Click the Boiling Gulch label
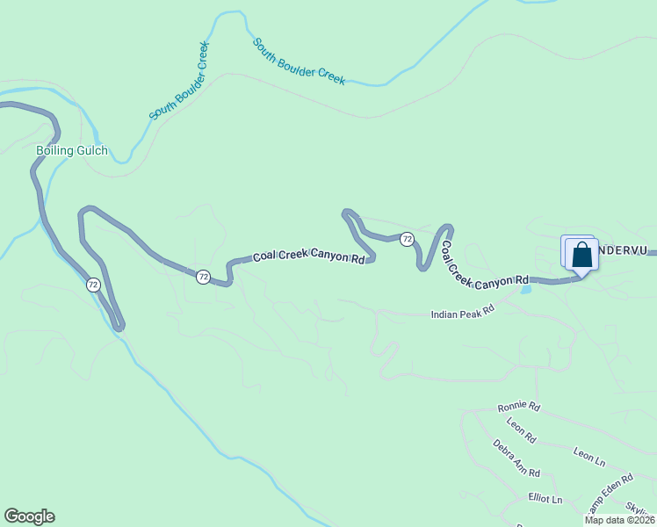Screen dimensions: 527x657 pyautogui.click(x=72, y=150)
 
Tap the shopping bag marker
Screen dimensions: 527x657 pyautogui.click(x=581, y=256)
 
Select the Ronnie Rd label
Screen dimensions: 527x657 pyautogui.click(x=518, y=407)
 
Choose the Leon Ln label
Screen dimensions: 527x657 pyautogui.click(x=589, y=455)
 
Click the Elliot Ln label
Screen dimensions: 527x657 pyautogui.click(x=545, y=499)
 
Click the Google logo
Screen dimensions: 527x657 pyautogui.click(x=29, y=516)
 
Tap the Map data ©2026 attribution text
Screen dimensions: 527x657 pyautogui.click(x=618, y=520)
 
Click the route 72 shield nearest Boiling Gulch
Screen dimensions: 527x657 pyautogui.click(x=93, y=285)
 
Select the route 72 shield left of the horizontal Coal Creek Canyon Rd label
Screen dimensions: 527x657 pyautogui.click(x=203, y=276)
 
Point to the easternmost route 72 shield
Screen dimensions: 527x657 pyautogui.click(x=407, y=239)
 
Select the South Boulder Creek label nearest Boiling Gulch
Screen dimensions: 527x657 pyautogui.click(x=179, y=82)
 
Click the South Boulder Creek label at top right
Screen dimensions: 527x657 pyautogui.click(x=299, y=61)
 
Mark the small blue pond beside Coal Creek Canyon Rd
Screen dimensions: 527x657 pyautogui.click(x=526, y=288)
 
